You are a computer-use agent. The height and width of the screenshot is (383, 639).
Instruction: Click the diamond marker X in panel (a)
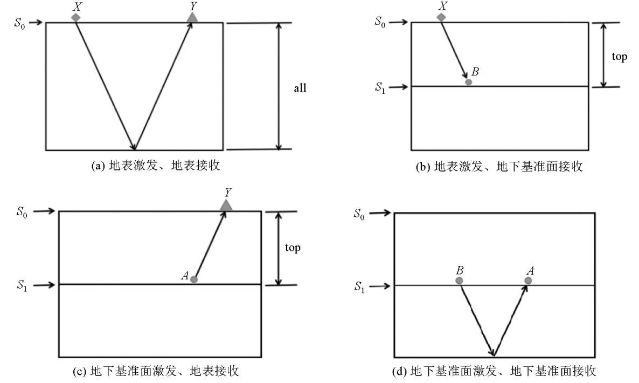click(x=76, y=17)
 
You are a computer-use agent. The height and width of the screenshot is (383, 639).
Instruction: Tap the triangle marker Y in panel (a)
click(x=192, y=18)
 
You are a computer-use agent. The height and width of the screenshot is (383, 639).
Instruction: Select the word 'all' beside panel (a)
click(x=300, y=88)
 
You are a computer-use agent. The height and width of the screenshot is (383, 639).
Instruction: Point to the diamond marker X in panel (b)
click(x=441, y=17)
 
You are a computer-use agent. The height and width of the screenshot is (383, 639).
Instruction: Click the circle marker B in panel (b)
click(x=469, y=82)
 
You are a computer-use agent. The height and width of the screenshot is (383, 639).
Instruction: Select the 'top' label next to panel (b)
click(x=620, y=57)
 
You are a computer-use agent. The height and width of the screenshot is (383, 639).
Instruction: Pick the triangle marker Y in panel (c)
click(x=226, y=205)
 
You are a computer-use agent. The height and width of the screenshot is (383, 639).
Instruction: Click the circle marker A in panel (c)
click(x=194, y=279)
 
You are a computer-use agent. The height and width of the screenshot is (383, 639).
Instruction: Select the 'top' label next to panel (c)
click(x=293, y=248)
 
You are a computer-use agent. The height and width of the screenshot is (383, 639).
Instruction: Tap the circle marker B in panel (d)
click(x=459, y=281)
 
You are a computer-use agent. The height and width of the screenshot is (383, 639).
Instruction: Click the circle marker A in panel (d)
click(x=528, y=281)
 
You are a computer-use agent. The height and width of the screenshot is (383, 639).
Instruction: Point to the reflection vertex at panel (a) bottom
click(x=135, y=149)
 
